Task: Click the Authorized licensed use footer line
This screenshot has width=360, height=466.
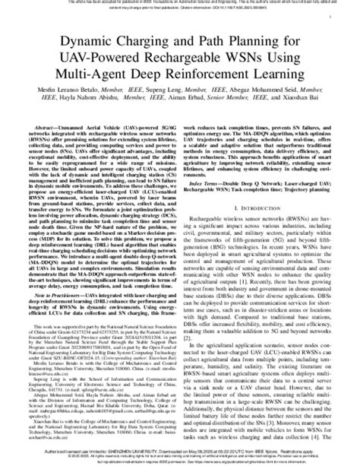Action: click(180, 452)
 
